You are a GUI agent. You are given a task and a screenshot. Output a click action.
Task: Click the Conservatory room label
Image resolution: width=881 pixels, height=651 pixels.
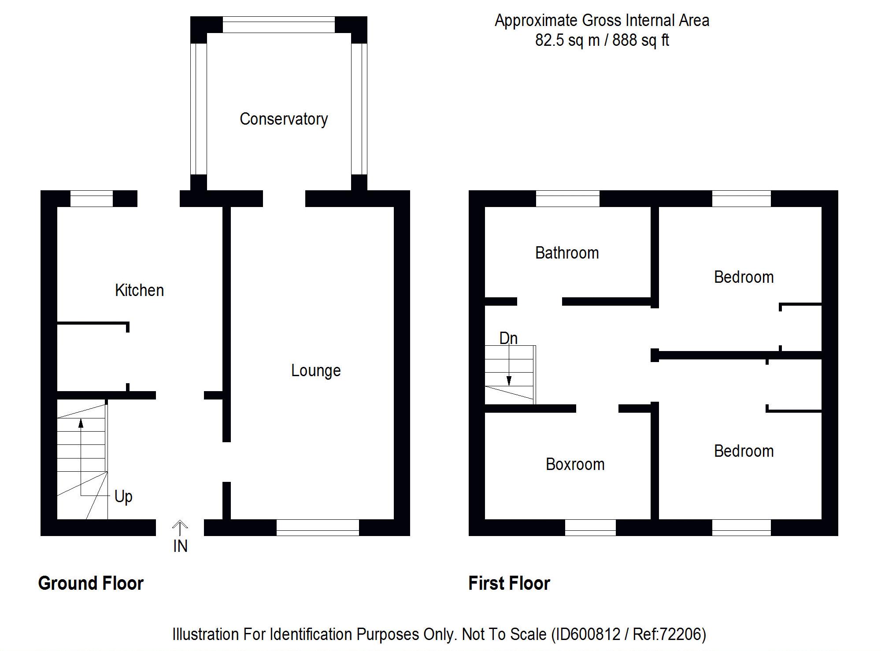284,119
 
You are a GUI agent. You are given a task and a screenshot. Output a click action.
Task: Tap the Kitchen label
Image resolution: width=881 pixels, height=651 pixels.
139,290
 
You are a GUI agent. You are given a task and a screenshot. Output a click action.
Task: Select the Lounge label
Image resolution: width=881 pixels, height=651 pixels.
316,370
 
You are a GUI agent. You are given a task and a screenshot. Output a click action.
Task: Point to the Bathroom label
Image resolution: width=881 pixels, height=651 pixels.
567,253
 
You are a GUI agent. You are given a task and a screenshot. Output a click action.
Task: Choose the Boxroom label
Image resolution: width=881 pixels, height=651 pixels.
575,464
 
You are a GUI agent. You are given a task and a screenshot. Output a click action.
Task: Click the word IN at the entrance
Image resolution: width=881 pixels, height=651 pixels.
180,546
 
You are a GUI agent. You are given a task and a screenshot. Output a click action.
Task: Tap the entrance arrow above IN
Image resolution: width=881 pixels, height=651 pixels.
180,527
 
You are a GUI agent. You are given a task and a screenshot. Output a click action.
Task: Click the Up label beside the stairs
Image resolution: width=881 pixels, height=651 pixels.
123,496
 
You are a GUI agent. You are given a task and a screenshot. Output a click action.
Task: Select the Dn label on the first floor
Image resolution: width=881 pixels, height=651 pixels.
508,338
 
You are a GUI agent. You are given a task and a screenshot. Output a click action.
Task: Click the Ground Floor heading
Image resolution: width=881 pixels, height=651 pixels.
91,583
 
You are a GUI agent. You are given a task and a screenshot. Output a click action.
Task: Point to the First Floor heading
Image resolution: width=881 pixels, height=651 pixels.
509,583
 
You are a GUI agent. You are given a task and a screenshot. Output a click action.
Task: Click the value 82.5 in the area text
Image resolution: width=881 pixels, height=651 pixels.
549,40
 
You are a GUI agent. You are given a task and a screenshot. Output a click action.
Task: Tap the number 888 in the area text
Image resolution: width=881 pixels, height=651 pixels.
625,40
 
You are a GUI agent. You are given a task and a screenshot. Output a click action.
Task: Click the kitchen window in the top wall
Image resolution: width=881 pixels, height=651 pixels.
92,199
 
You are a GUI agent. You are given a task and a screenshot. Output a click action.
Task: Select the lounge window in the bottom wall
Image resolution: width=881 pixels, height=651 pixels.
318,527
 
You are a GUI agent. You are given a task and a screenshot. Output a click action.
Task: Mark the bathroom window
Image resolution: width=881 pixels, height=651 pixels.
567,199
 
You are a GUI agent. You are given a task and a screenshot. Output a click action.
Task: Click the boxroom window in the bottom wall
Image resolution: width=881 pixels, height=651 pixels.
590,527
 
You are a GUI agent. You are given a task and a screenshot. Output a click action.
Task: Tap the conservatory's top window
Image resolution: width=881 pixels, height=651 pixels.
278,25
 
